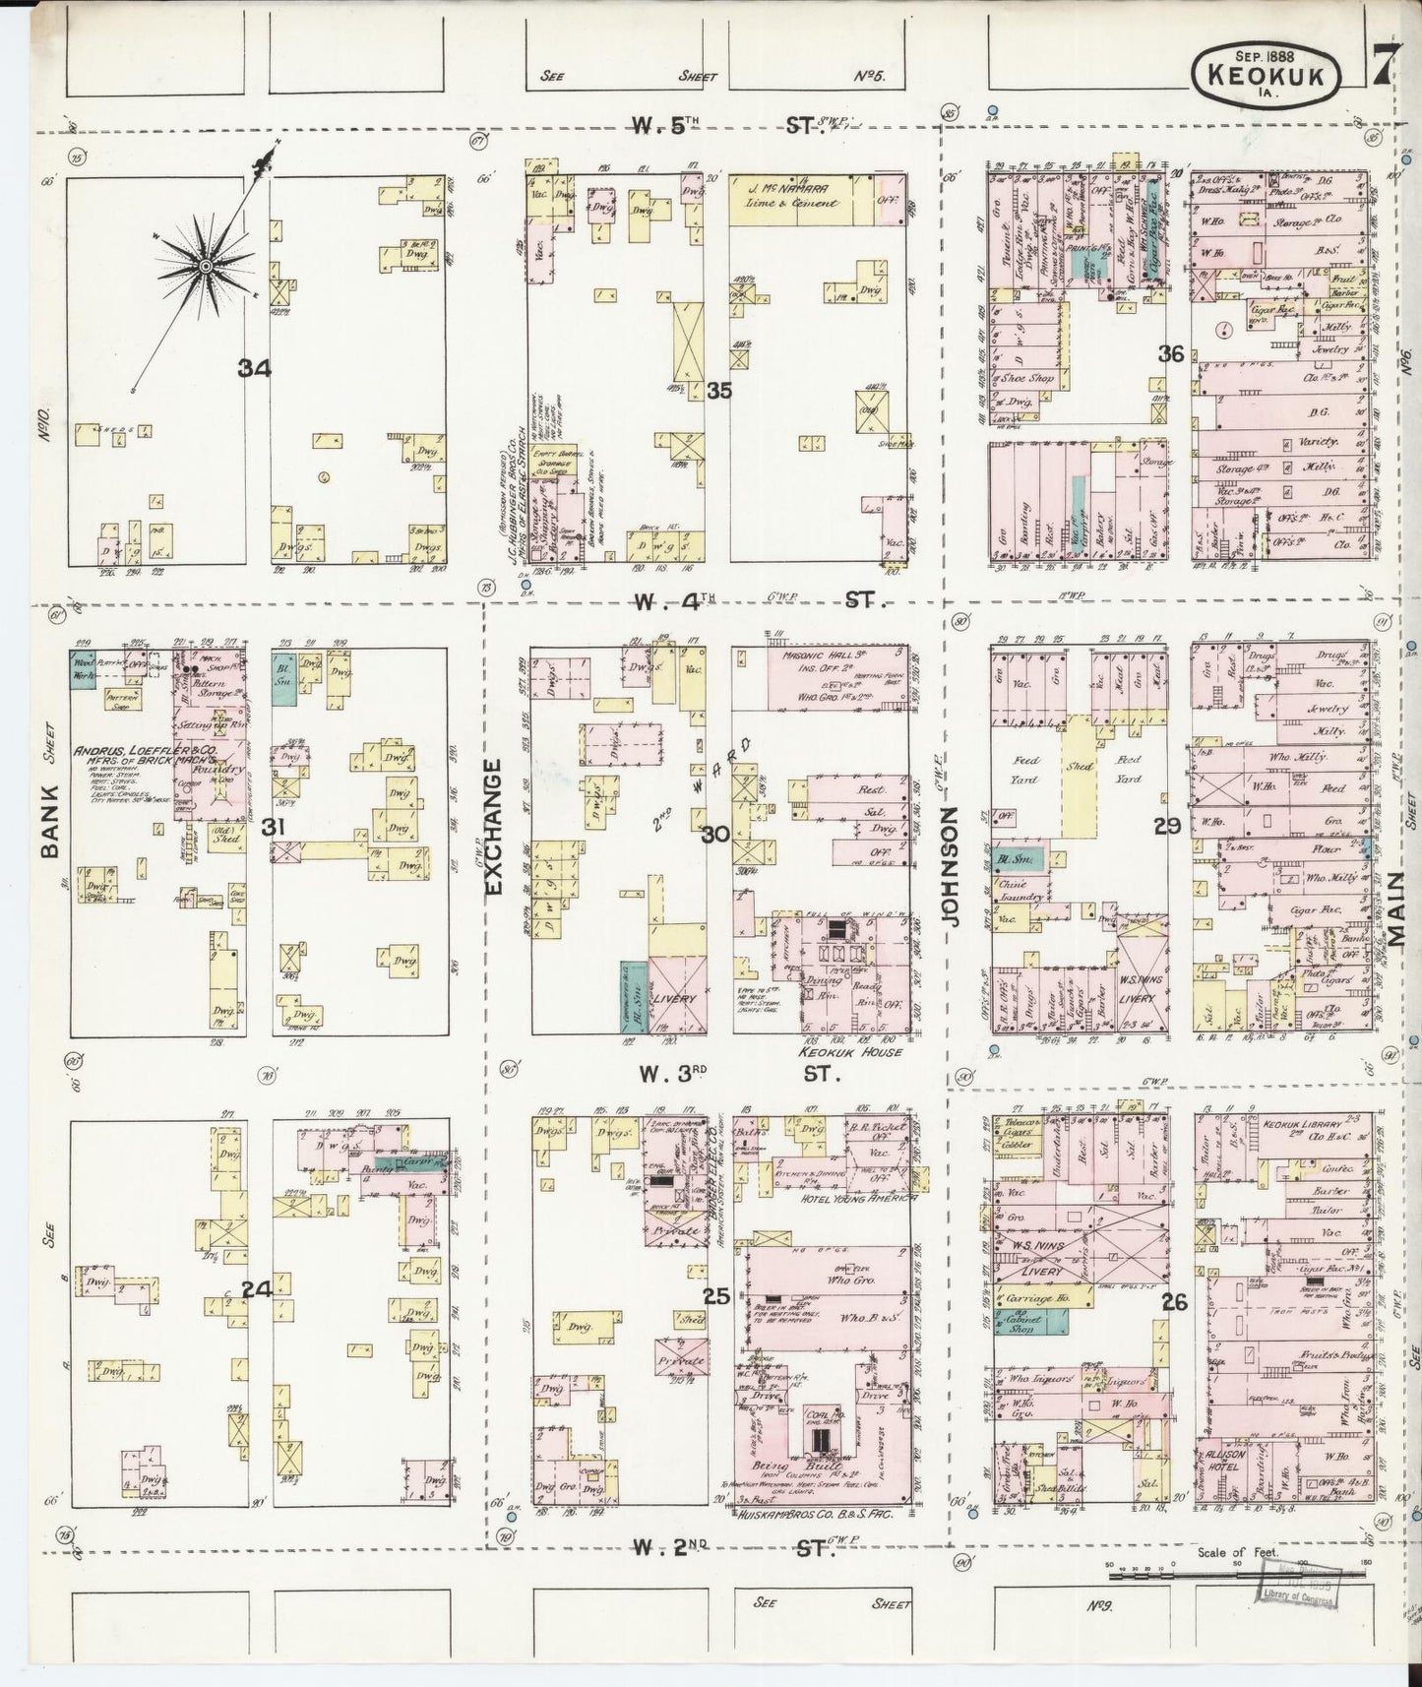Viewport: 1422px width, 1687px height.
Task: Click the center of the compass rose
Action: (205, 266)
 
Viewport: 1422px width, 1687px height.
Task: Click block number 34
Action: (254, 369)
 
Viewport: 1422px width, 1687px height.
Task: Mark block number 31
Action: (273, 829)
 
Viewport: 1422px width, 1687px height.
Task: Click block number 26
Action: (1174, 1302)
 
